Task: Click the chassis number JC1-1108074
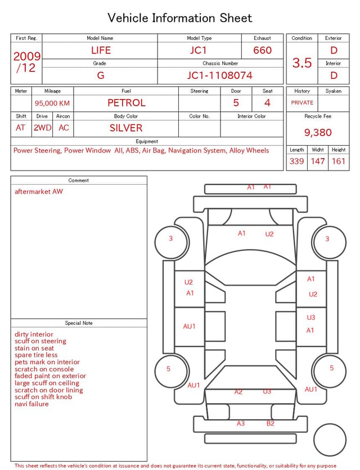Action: point(220,75)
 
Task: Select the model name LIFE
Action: point(101,50)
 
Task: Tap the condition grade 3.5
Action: point(302,62)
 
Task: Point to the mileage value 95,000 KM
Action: point(52,103)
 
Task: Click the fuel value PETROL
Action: point(127,103)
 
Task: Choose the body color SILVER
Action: point(126,128)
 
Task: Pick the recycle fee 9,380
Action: point(318,132)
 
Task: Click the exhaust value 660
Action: point(262,50)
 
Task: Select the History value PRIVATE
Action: point(302,102)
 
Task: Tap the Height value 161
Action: point(339,161)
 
